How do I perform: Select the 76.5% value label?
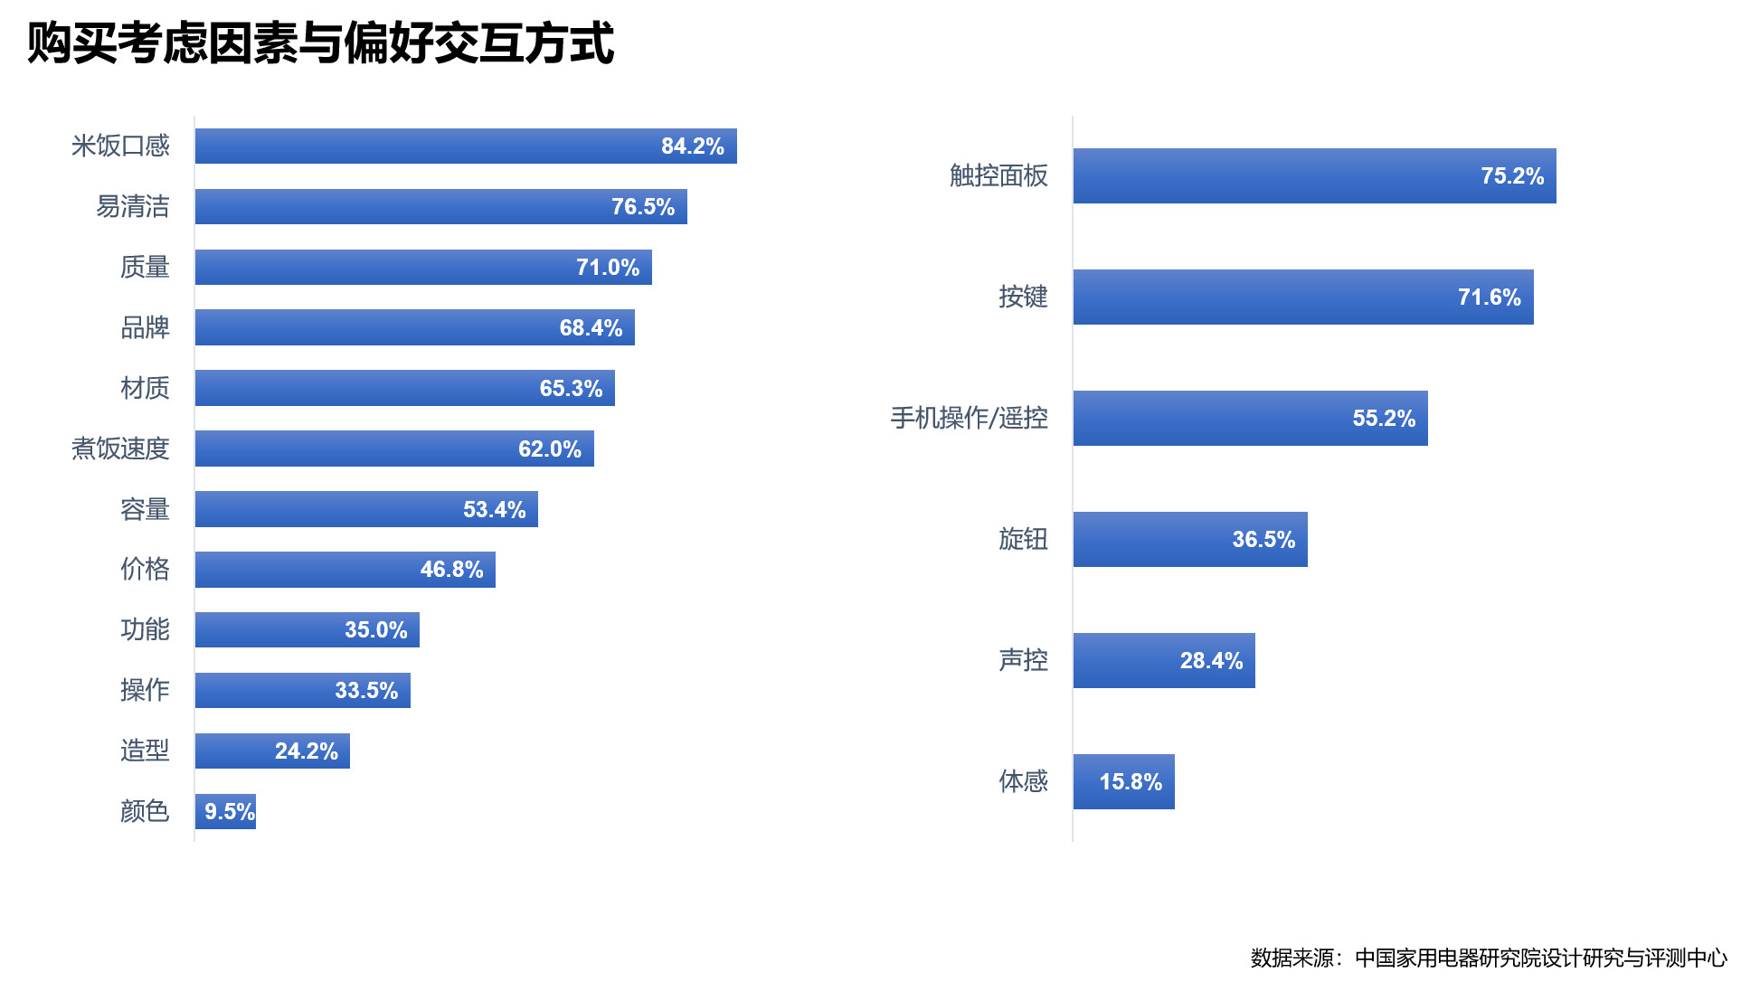(x=642, y=207)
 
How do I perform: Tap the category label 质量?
(x=145, y=268)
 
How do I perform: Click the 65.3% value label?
(x=571, y=389)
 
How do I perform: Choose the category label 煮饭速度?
(x=120, y=449)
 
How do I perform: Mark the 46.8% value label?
(x=451, y=570)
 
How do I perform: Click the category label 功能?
(x=145, y=630)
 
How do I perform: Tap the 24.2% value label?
(x=306, y=751)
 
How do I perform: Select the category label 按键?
(x=1023, y=297)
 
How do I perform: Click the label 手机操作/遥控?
(x=969, y=419)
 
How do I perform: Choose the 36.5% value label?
(x=1263, y=540)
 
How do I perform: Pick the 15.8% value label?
(x=1131, y=782)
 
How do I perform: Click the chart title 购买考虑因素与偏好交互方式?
(x=321, y=43)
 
